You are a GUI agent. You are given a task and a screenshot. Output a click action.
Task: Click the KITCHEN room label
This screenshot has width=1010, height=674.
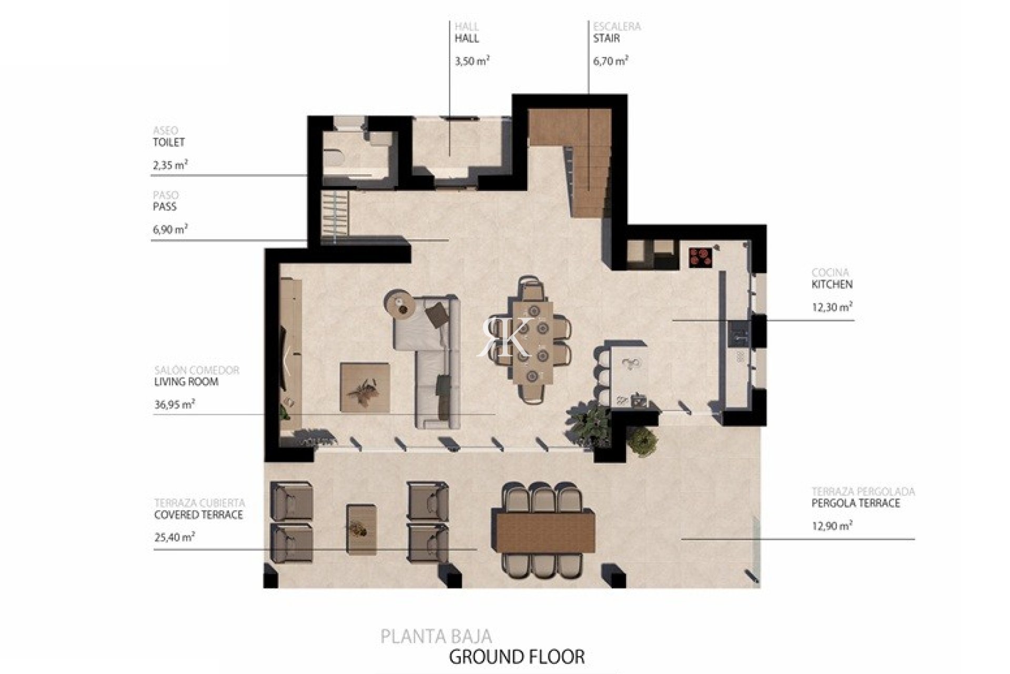832,284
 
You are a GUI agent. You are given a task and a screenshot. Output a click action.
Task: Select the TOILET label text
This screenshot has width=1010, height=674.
169,142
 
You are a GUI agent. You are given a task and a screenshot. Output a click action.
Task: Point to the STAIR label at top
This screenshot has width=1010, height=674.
607,38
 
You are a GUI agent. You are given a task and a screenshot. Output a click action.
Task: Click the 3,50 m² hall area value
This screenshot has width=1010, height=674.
472,61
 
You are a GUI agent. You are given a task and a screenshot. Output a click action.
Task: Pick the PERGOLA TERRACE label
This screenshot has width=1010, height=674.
856,503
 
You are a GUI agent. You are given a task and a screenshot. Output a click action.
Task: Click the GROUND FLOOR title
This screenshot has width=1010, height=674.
517,657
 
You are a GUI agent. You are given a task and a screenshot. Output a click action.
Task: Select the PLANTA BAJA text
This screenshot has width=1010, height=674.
436,636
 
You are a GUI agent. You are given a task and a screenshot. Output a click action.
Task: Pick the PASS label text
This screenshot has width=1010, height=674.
165,206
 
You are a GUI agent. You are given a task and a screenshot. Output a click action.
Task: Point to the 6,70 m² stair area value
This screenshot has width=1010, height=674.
611,61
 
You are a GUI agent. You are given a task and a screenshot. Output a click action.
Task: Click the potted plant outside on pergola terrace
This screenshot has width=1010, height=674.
643,443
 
